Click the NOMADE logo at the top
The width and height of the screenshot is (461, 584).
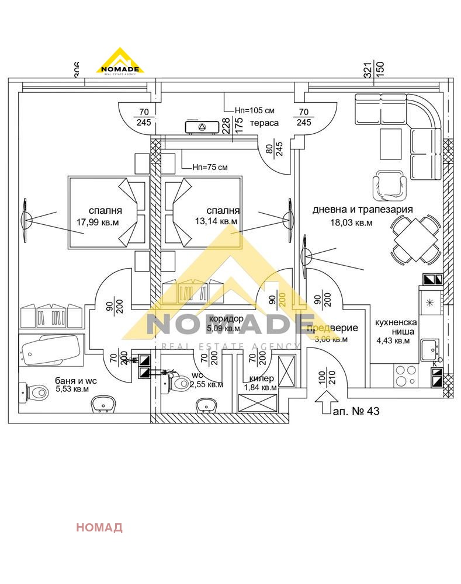[120, 61]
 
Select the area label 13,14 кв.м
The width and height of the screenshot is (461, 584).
[216, 221]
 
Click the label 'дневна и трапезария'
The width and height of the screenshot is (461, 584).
[362, 210]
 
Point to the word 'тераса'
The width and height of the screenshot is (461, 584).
[264, 123]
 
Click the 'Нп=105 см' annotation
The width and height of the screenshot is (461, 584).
[254, 110]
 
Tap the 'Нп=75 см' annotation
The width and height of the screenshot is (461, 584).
[210, 167]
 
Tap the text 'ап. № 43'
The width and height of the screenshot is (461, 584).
[356, 411]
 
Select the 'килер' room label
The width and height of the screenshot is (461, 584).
[257, 378]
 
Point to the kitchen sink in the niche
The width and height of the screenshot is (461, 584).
[431, 350]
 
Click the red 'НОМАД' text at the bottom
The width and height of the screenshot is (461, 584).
[99, 527]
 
